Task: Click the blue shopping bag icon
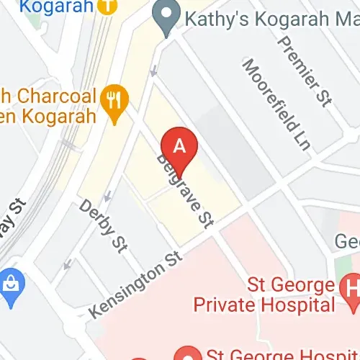point(12,281)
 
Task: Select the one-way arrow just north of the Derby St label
point(108,194)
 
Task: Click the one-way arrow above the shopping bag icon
point(67,265)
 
